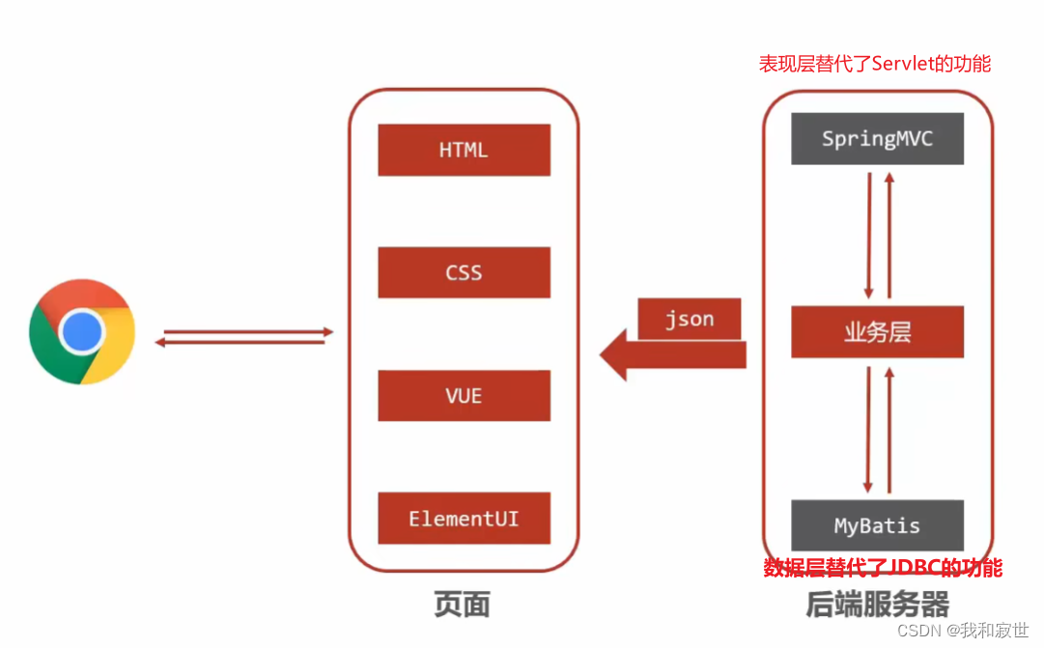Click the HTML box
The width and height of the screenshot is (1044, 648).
(x=464, y=150)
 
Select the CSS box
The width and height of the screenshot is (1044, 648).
(x=464, y=272)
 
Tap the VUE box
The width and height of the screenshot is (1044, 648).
(x=464, y=395)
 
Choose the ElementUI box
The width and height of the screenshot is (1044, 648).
(x=464, y=519)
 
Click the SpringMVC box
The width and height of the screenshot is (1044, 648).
(x=877, y=139)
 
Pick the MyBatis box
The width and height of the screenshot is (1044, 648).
(x=877, y=526)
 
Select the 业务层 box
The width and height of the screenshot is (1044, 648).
(x=877, y=332)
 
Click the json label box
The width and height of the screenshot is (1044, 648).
(x=690, y=320)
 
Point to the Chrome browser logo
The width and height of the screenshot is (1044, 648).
(x=82, y=332)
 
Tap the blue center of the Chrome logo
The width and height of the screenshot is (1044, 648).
(x=82, y=332)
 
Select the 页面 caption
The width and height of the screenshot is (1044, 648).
(x=463, y=605)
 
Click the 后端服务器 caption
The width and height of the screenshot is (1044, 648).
(x=877, y=605)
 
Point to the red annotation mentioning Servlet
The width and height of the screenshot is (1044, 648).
(x=875, y=64)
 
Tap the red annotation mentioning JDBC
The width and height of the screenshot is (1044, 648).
(x=883, y=568)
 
